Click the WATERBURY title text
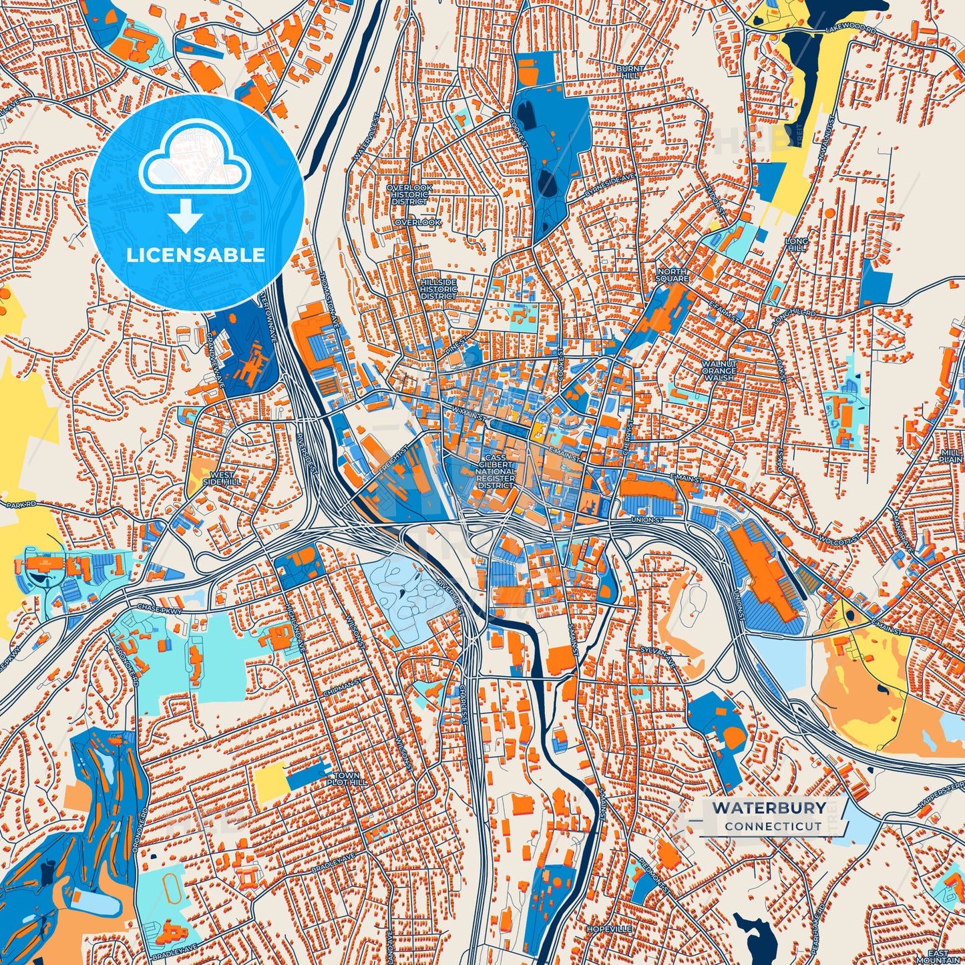coord(768,807)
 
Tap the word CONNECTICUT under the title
coord(773,826)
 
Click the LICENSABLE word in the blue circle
coord(196,254)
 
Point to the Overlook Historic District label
coord(409,194)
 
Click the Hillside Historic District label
coord(439,289)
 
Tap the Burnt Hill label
coord(630,71)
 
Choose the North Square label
coord(672,274)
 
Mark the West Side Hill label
coord(222,477)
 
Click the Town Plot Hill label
coord(350,779)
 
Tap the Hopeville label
coord(609,929)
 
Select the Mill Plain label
coord(951,456)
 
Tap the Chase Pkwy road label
coord(155,608)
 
